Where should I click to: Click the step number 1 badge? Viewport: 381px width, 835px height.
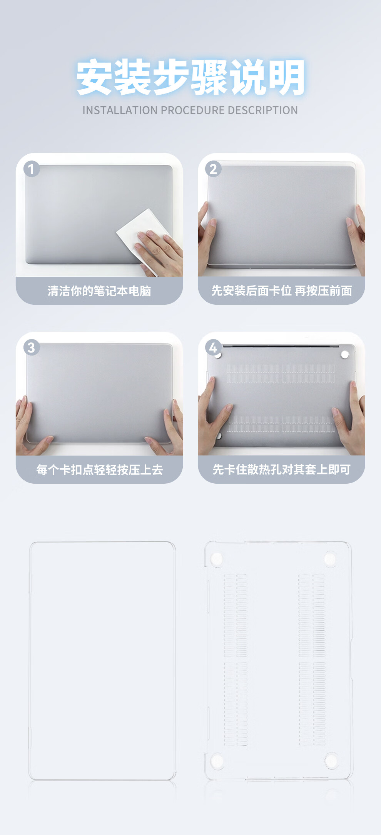coord(32,169)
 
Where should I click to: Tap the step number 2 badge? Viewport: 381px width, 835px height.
coord(213,169)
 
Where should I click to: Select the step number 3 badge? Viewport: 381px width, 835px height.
coord(32,347)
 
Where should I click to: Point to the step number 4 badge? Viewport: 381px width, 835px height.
coord(213,347)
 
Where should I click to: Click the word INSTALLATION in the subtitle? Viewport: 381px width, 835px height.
coord(120,110)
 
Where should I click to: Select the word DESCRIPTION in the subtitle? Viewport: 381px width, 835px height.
coord(263,110)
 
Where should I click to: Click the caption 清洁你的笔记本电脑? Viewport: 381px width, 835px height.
coord(99,291)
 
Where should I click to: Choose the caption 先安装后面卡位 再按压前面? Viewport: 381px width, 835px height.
coord(282,291)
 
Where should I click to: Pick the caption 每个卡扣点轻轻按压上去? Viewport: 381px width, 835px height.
coord(99,469)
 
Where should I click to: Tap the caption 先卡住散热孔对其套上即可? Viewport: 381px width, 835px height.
coord(282,469)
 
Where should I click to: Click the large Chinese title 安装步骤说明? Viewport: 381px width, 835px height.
coord(190,77)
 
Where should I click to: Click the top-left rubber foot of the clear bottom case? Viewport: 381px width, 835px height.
coord(217,558)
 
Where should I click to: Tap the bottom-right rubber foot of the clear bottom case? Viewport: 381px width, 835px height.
coord(331,760)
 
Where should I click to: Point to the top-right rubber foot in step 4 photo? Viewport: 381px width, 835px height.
coord(345,354)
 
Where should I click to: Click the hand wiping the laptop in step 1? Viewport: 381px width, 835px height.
coord(160,252)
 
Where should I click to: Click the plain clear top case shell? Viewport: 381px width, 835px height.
coord(102,661)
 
